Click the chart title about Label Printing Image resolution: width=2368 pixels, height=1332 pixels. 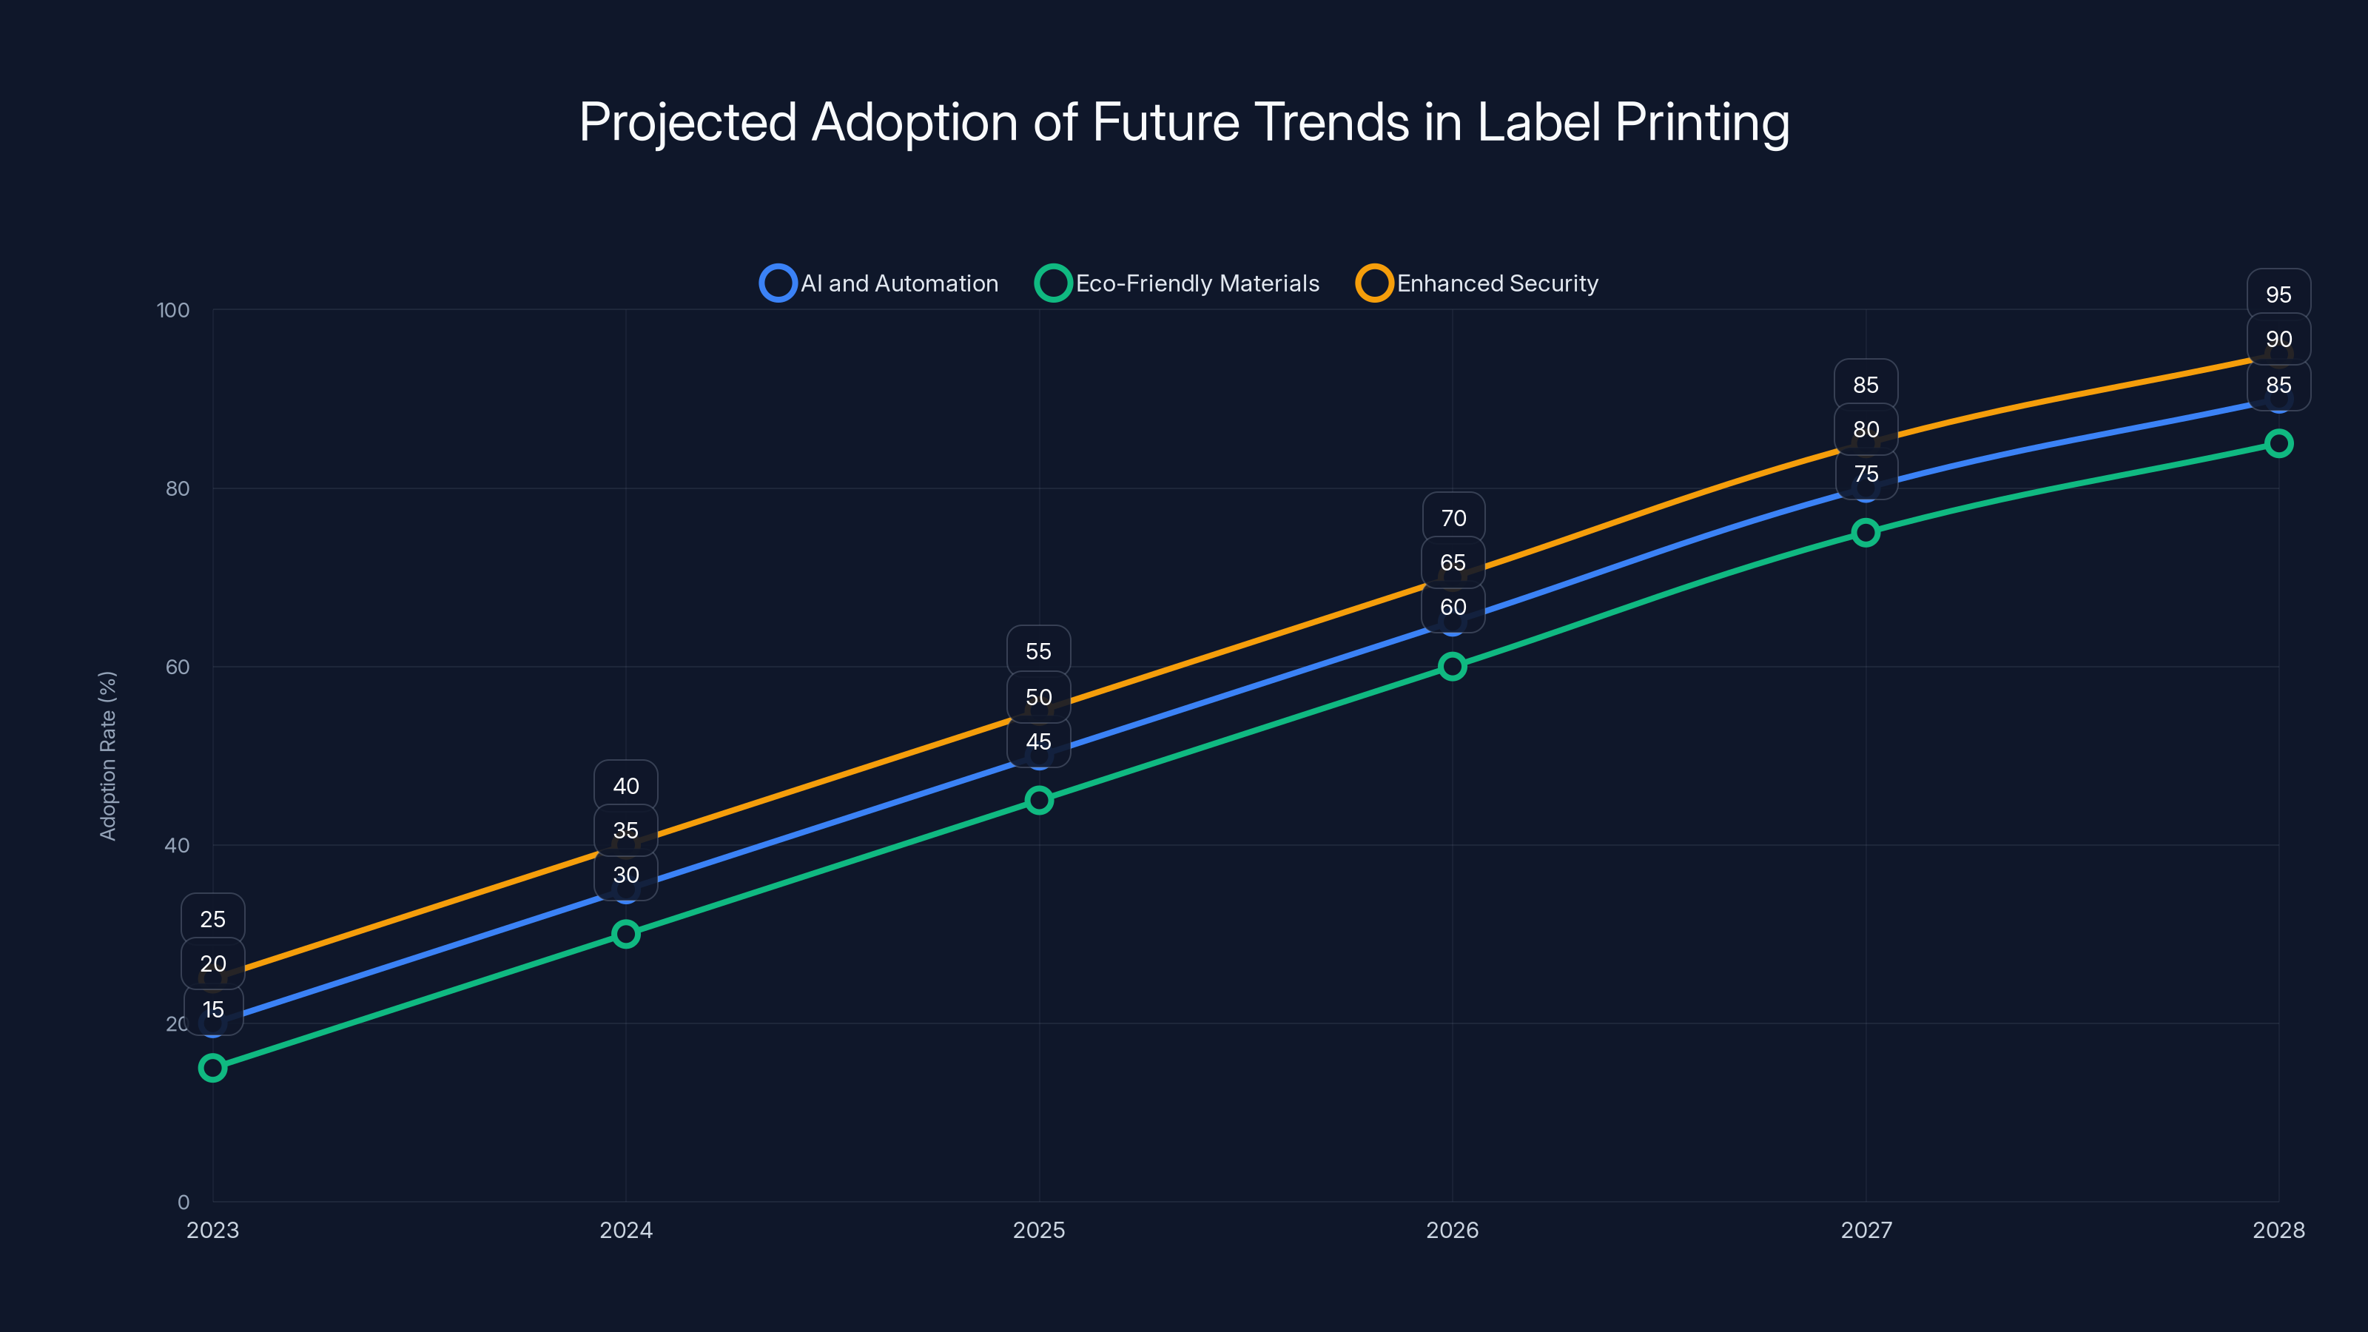1184,122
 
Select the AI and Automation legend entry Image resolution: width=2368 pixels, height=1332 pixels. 880,283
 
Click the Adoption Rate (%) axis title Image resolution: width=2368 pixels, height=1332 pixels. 107,755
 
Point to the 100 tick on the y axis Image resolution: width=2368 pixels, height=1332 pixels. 173,310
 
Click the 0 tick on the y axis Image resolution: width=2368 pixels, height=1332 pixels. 183,1202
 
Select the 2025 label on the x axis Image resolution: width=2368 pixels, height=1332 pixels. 1039,1230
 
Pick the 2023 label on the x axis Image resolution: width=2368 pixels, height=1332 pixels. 212,1230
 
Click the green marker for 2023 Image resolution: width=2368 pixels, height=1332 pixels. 212,1067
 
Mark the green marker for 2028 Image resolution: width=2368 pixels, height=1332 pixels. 2278,443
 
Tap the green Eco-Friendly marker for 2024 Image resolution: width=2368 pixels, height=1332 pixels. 626,934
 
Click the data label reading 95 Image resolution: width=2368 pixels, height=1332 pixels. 2278,295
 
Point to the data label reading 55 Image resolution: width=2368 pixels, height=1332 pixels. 1039,651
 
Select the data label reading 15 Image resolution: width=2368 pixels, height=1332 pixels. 213,1009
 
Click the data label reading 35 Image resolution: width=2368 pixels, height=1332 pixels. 626,830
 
